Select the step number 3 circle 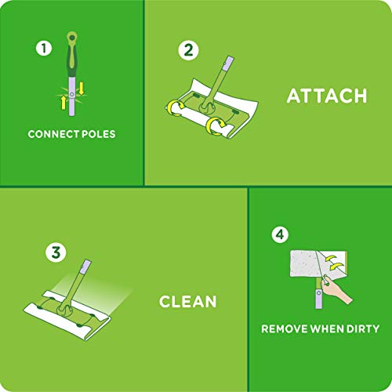54,253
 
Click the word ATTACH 326,96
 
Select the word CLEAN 187,302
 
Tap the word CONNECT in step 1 54,134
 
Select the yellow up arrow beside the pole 62,100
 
